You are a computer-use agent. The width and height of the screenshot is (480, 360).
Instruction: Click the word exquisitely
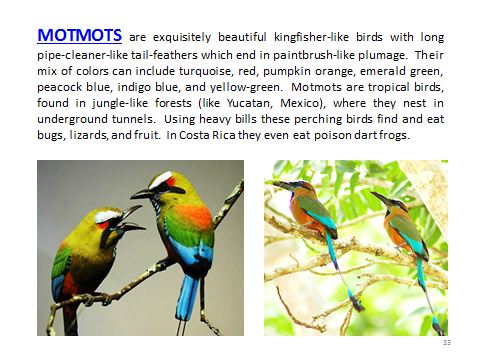pyautogui.click(x=174, y=34)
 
